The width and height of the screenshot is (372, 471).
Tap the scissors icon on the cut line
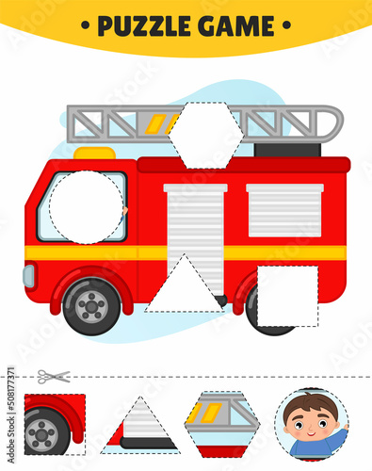55,376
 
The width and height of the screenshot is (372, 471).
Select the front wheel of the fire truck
91,305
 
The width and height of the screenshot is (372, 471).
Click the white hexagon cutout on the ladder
205,134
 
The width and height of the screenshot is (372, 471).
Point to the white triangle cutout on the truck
185,286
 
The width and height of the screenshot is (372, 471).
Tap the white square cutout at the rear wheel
287,296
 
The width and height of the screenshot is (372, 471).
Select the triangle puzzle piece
140,426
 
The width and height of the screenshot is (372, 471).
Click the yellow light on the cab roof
94,153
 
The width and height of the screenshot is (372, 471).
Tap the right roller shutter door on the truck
283,209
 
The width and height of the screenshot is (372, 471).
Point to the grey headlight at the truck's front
29,276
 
